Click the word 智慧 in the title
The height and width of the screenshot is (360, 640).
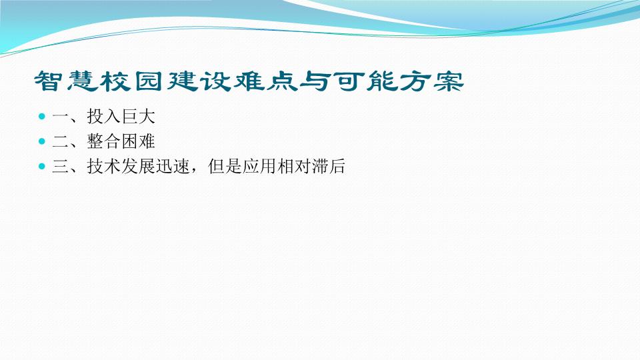(67, 81)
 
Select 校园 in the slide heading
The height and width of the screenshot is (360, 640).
(133, 81)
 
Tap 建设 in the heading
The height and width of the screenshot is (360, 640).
(199, 81)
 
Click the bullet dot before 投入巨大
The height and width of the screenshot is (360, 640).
(41, 117)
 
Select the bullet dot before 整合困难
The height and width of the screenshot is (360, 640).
(41, 141)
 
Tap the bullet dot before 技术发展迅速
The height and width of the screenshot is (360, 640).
(41, 166)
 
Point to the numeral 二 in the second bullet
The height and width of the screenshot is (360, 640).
(61, 141)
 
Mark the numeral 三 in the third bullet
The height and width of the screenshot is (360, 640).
(61, 166)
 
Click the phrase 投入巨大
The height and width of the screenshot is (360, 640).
(121, 117)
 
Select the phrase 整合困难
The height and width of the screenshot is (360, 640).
(121, 141)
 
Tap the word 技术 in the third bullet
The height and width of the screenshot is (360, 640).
(104, 166)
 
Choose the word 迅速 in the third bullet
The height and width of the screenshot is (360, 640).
(173, 166)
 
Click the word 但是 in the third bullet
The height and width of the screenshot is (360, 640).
(225, 166)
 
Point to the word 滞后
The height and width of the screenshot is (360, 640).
(328, 166)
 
